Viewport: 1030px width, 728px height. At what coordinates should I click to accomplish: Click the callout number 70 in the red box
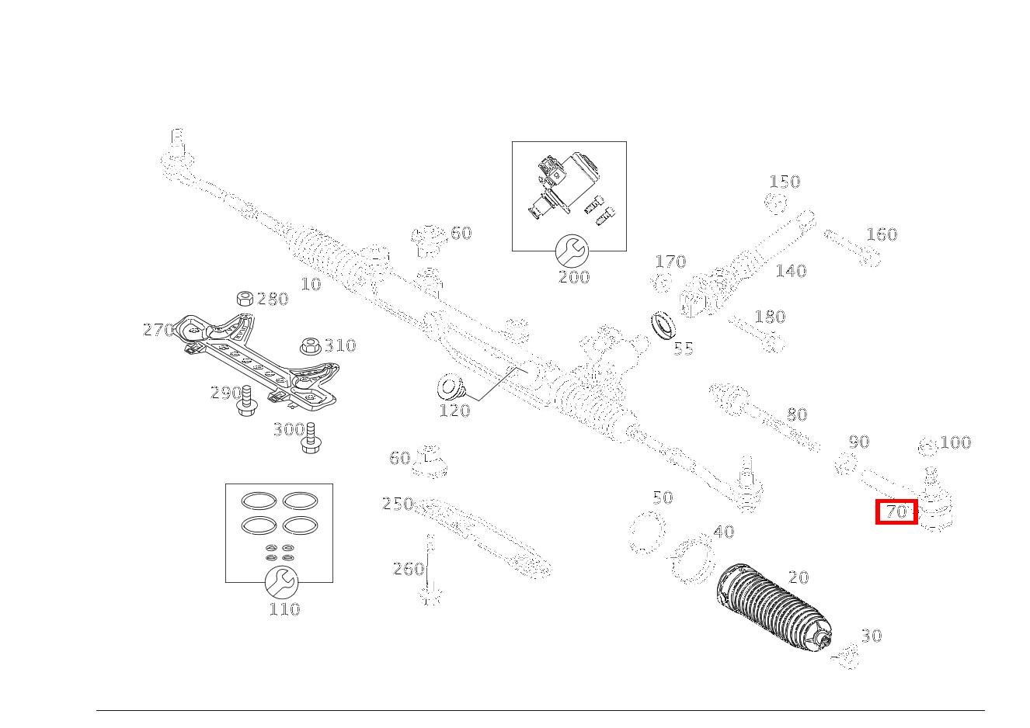(896, 512)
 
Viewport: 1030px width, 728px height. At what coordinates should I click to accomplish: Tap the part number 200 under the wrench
(574, 277)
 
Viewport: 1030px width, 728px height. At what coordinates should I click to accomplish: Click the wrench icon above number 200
(572, 250)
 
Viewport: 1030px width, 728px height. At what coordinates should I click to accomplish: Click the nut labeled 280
(244, 300)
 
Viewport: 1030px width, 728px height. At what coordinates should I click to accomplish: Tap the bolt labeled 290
(247, 400)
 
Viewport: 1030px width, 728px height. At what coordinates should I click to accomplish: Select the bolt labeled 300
(310, 438)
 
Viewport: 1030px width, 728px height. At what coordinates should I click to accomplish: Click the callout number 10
(311, 285)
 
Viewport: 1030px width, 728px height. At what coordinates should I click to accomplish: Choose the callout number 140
(791, 271)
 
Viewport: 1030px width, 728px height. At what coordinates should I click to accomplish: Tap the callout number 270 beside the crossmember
(158, 330)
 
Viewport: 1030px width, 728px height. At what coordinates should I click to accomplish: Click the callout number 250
(398, 504)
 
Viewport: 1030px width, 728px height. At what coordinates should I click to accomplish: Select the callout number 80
(797, 414)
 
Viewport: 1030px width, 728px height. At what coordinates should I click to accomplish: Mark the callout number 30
(872, 636)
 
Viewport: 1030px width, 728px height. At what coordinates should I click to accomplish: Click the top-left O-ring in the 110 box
(257, 501)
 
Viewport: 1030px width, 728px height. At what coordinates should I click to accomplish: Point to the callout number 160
(882, 234)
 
